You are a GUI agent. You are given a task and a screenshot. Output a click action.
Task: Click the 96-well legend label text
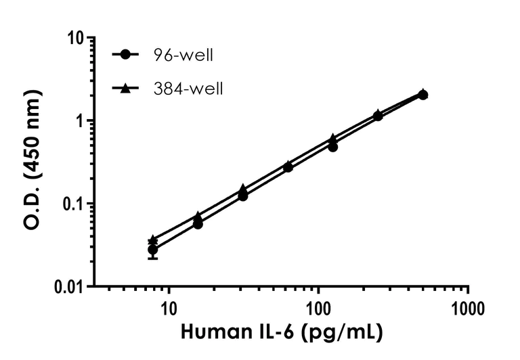click(183, 55)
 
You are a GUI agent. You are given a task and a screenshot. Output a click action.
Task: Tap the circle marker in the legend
click(127, 55)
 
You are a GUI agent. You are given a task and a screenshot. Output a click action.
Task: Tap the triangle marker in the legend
click(127, 88)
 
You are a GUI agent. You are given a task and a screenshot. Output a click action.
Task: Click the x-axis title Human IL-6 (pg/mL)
click(281, 333)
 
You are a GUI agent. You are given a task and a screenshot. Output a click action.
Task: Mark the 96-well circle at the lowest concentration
click(153, 250)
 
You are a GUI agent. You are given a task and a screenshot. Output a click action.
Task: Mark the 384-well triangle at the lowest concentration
click(153, 240)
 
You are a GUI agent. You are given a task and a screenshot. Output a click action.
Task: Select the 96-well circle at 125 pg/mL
click(333, 146)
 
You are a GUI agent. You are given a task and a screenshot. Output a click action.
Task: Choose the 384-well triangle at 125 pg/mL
click(333, 138)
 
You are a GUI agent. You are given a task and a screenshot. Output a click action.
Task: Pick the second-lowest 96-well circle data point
click(198, 223)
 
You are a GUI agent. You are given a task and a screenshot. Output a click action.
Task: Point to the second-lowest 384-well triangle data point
click(198, 216)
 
